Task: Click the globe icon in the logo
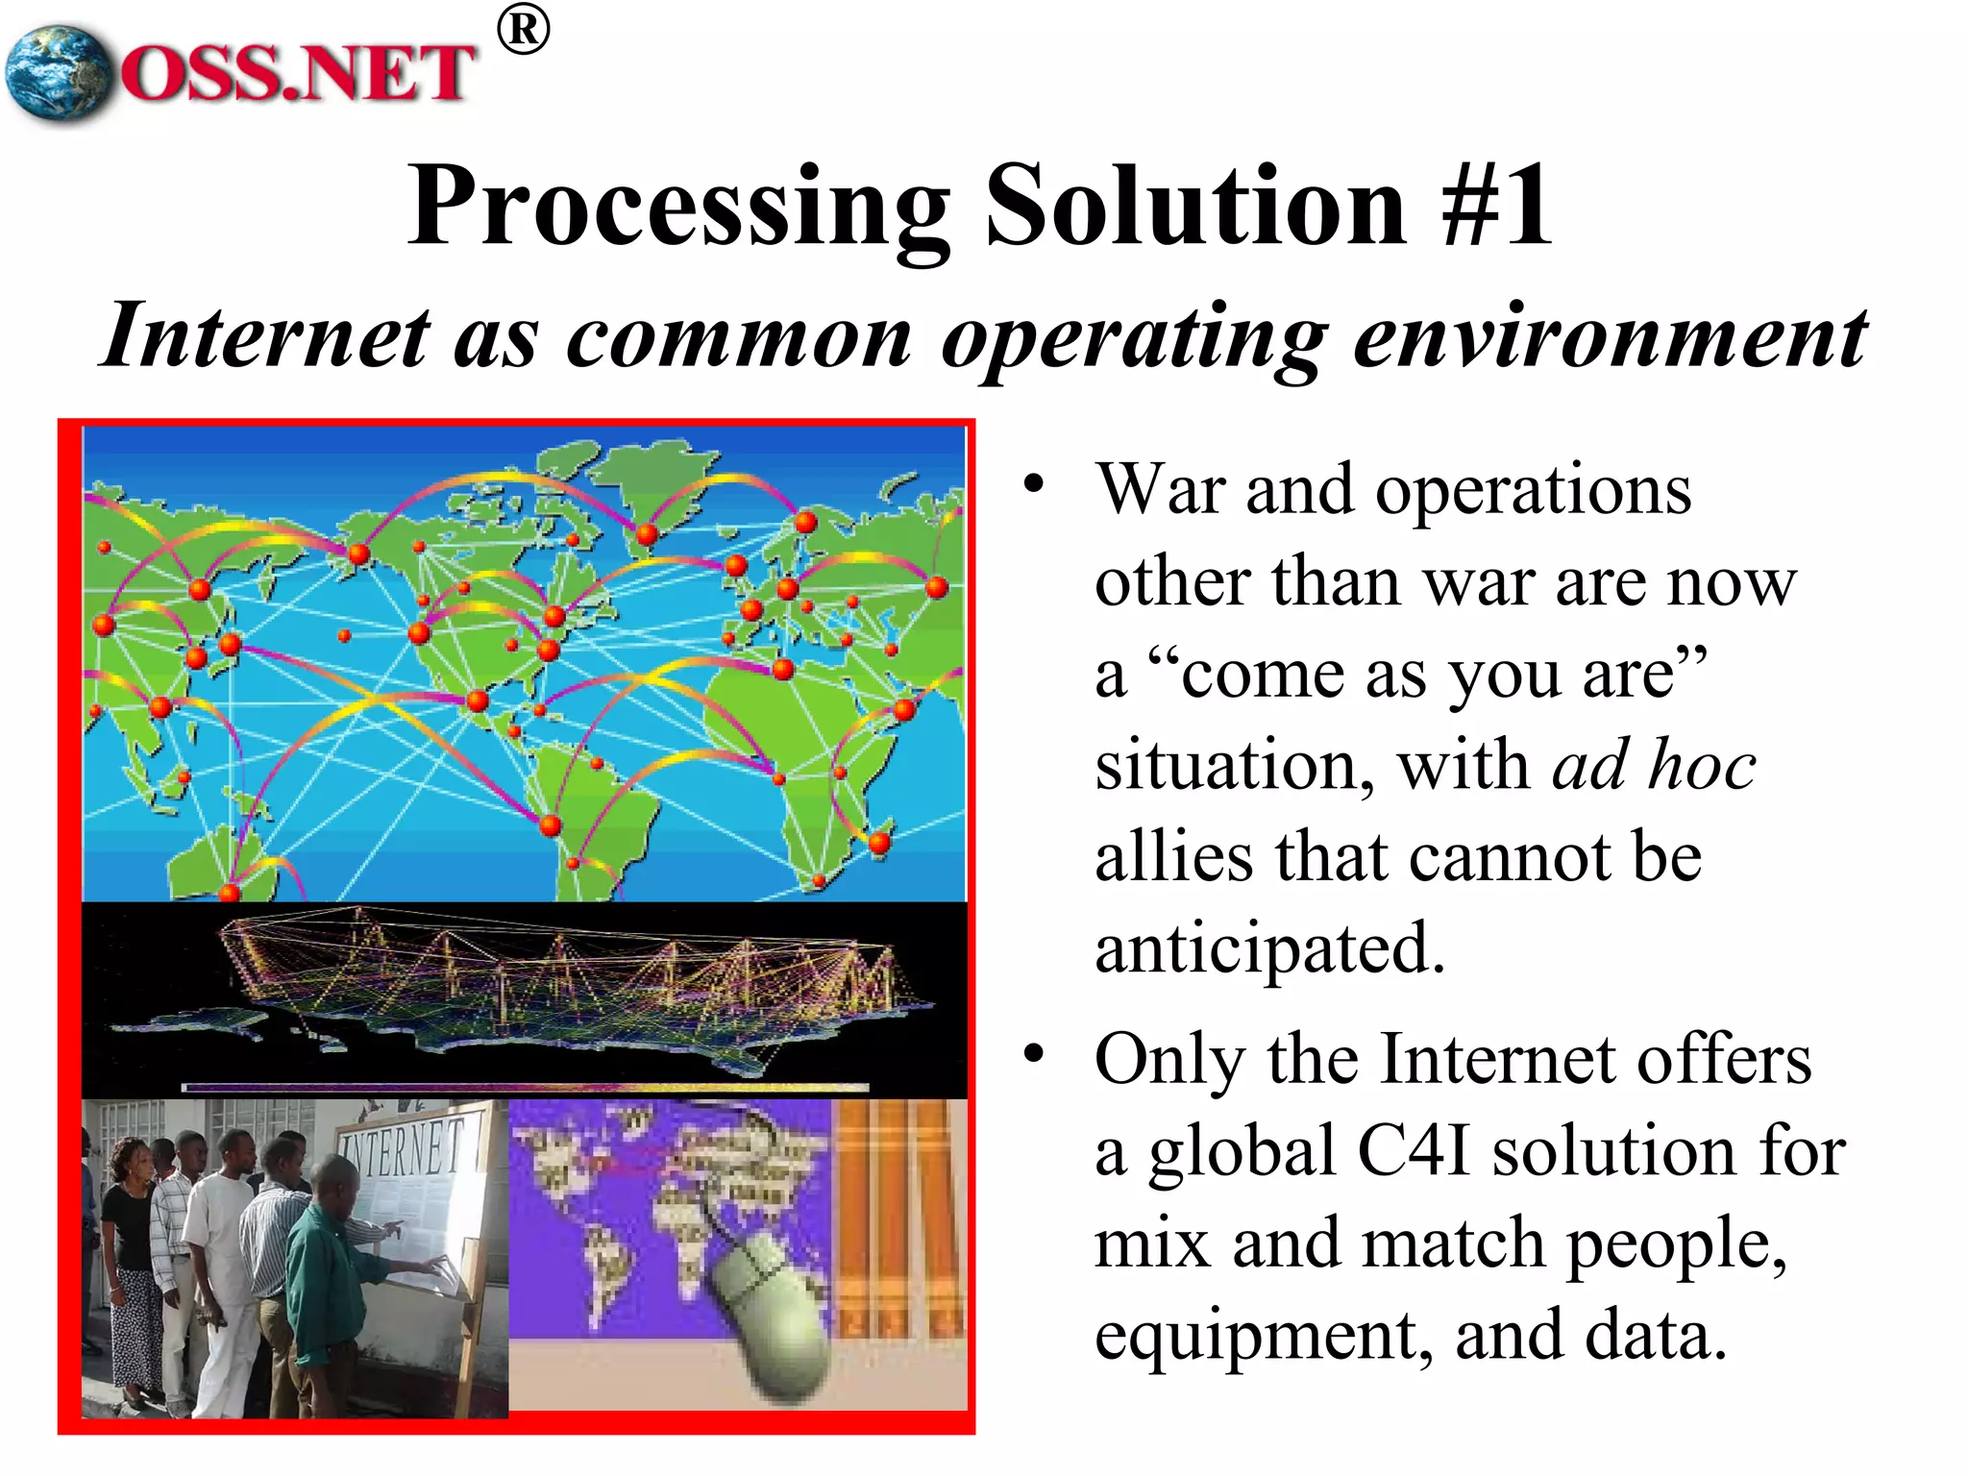pos(58,73)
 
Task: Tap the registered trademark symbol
pos(524,31)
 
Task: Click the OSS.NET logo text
pos(298,73)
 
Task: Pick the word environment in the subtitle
pos(1610,336)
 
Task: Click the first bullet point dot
pos(1033,482)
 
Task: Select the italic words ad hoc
pos(1653,767)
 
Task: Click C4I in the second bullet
pos(1413,1151)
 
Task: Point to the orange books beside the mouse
pos(898,1220)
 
